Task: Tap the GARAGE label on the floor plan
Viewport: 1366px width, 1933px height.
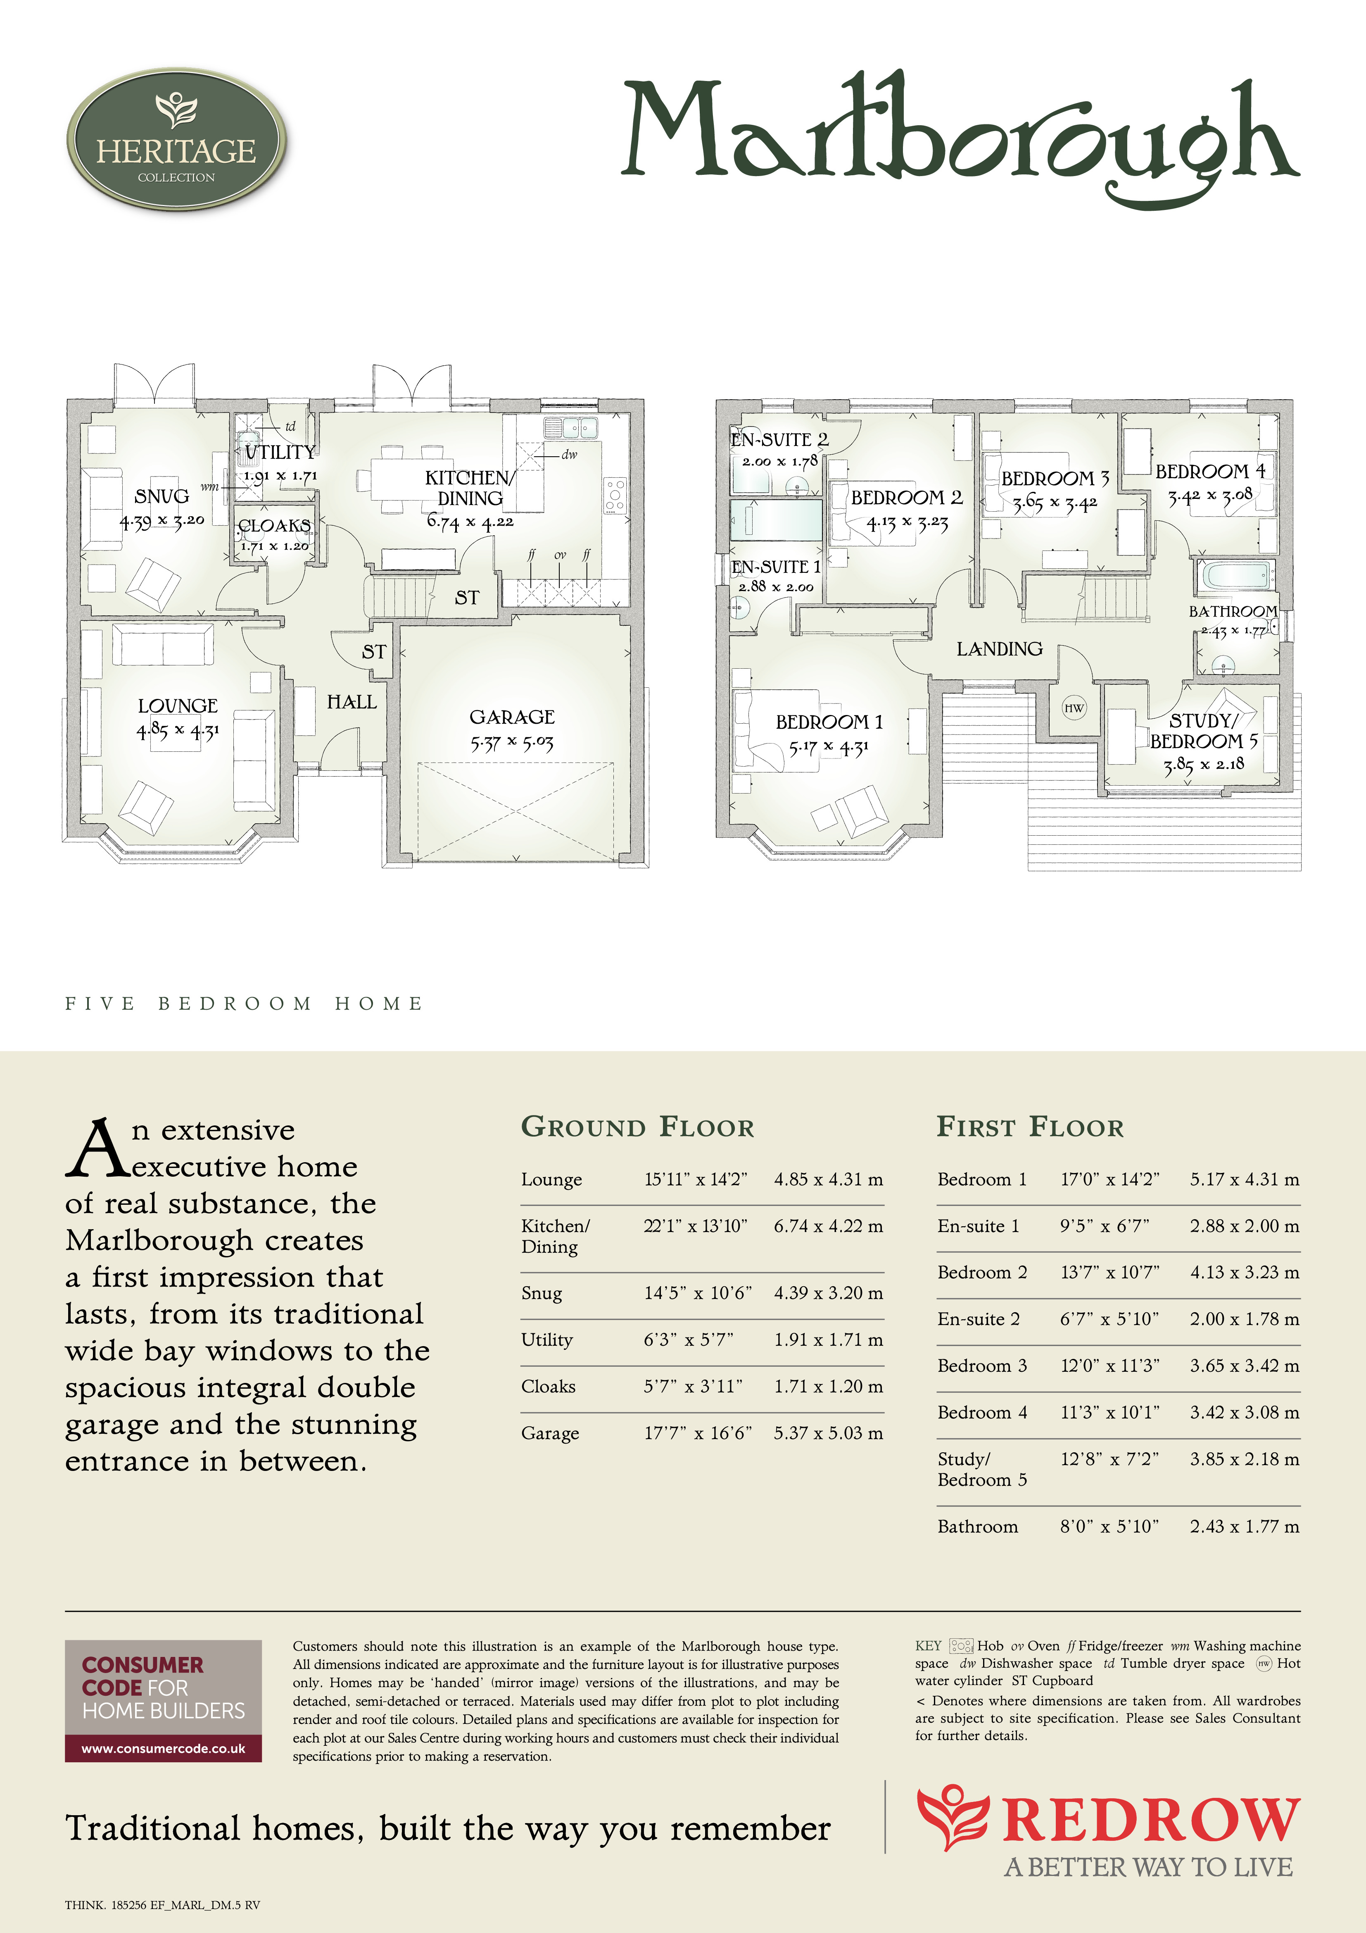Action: click(x=512, y=717)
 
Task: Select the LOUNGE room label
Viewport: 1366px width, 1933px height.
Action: click(x=178, y=706)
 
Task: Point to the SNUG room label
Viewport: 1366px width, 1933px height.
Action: click(x=162, y=496)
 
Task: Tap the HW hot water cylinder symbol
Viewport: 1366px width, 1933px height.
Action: click(x=1074, y=708)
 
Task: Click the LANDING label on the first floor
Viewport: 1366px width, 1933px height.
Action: click(x=999, y=648)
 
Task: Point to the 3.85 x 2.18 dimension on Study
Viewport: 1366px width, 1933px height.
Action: click(x=1204, y=765)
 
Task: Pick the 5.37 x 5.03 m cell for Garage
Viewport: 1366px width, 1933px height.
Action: click(x=828, y=1433)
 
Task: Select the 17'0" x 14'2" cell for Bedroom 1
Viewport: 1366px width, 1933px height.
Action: click(x=1109, y=1180)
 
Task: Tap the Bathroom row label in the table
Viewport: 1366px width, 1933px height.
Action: click(x=977, y=1526)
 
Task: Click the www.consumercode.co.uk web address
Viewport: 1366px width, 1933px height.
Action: click(x=163, y=1749)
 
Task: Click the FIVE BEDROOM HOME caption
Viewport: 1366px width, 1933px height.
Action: click(x=244, y=1003)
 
